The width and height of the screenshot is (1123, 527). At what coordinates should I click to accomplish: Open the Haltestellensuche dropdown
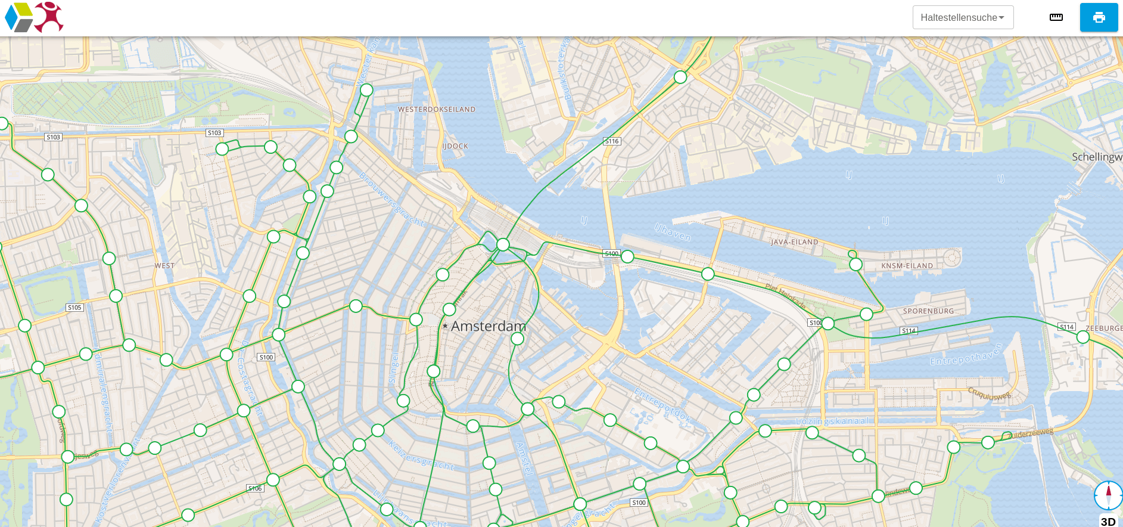962,17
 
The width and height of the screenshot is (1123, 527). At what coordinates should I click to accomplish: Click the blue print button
1099,17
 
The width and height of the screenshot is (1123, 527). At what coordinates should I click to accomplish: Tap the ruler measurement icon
1056,17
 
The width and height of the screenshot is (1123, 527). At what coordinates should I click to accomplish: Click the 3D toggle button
1108,521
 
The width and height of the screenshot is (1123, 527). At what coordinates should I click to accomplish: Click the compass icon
1108,495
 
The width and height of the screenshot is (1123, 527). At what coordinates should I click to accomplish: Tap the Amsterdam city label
488,326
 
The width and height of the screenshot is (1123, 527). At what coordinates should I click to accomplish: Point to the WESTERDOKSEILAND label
437,110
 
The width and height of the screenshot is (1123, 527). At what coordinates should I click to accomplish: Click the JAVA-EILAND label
794,242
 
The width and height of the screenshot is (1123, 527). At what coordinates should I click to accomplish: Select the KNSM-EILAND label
907,266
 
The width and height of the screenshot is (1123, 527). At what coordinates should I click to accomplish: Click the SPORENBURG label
928,311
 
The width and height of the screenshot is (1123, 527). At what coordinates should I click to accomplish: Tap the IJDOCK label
455,146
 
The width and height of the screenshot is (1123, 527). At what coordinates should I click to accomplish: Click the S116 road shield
612,141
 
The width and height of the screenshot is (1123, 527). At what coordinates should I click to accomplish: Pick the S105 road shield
74,308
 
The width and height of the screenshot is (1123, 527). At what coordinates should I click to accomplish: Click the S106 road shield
255,488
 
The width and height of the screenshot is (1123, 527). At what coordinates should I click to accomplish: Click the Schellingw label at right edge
1096,157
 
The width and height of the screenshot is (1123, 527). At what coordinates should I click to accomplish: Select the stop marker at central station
503,244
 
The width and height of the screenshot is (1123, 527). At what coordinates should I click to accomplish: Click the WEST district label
164,266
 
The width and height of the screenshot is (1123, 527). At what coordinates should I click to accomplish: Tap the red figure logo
49,17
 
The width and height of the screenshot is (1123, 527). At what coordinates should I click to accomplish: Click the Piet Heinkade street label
785,296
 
